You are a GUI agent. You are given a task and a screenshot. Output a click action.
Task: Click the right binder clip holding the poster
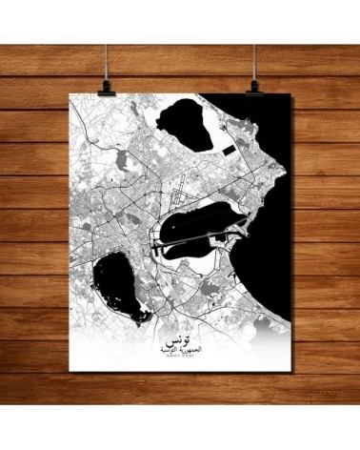(x=256, y=88)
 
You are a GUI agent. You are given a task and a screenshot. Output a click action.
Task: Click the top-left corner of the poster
(x=74, y=95)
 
